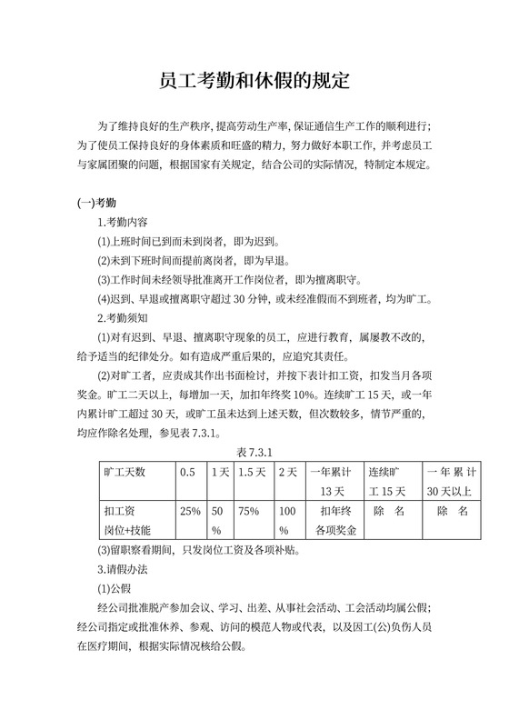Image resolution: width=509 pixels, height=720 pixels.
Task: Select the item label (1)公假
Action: (x=116, y=588)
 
